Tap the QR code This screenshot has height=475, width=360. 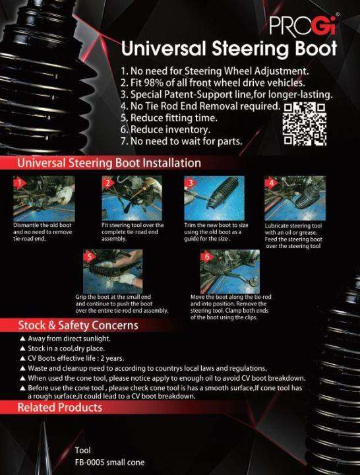point(305,124)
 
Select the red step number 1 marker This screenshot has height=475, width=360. point(20,183)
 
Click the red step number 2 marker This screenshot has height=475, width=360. point(108,183)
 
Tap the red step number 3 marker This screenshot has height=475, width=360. point(191,183)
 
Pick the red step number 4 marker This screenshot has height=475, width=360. point(271,183)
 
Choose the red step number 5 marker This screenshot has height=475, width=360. point(90,257)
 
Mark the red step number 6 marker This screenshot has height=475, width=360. point(207,257)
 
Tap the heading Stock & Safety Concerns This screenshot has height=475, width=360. point(78,325)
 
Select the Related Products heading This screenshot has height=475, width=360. point(59,408)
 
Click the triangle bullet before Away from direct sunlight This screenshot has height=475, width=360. point(22,338)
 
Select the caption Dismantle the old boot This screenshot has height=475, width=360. point(42,225)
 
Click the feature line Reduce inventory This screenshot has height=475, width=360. point(171,130)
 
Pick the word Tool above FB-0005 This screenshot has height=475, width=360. point(82,450)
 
